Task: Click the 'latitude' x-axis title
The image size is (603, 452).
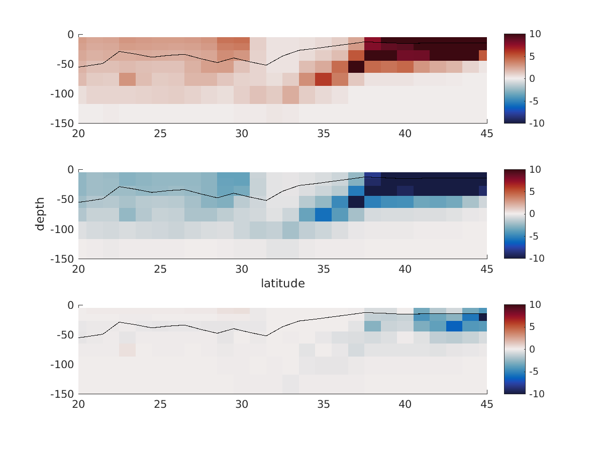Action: click(x=282, y=284)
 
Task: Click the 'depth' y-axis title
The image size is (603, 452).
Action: click(x=40, y=214)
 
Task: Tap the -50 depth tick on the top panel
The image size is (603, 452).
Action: click(x=64, y=64)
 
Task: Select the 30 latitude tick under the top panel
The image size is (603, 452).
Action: click(x=242, y=134)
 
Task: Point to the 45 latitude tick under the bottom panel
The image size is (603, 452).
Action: click(x=486, y=405)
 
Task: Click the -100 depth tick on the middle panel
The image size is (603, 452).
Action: click(x=61, y=230)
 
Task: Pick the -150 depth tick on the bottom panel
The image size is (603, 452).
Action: click(x=61, y=394)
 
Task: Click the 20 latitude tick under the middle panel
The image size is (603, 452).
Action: click(x=78, y=269)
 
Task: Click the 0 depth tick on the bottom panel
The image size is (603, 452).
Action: click(x=70, y=305)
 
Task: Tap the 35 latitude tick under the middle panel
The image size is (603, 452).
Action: click(x=324, y=269)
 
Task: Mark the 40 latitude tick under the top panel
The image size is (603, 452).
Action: click(x=405, y=134)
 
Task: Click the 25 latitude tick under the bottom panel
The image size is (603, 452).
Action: click(x=160, y=405)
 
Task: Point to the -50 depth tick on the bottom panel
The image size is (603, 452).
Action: click(x=64, y=335)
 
